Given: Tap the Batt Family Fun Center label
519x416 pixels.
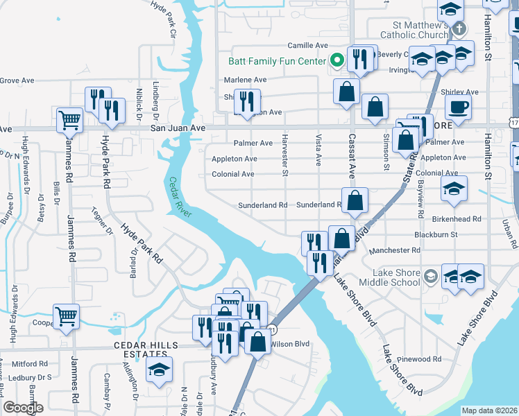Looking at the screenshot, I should pyautogui.click(x=277, y=61).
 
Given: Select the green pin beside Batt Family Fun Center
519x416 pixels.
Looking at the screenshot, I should pyautogui.click(x=337, y=60).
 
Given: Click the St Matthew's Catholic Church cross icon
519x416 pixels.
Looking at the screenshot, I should pyautogui.click(x=458, y=30).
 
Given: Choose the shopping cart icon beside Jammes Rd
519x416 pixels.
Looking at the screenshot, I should pyautogui.click(x=66, y=315).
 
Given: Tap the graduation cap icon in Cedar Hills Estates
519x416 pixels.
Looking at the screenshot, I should pyautogui.click(x=160, y=369).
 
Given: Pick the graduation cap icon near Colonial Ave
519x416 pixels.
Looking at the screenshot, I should pyautogui.click(x=453, y=188).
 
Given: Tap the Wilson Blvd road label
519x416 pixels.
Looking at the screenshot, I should pyautogui.click(x=289, y=344).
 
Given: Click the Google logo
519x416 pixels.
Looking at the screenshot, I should pyautogui.click(x=24, y=408).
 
